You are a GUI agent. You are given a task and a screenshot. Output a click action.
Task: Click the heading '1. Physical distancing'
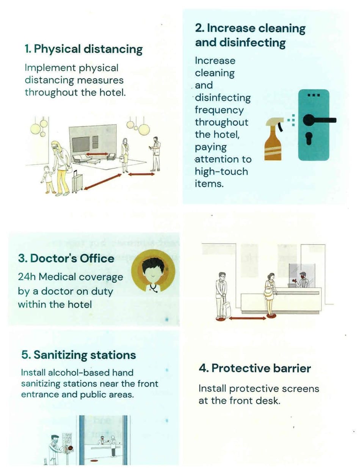pyautogui.click(x=84, y=49)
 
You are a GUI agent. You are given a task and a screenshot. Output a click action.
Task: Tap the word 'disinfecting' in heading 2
pyautogui.click(x=253, y=42)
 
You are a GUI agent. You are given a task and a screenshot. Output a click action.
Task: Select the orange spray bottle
pyautogui.click(x=274, y=139)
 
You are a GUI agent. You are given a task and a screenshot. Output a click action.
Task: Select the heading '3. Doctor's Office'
pyautogui.click(x=66, y=259)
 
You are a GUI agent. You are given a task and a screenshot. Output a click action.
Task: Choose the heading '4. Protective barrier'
pyautogui.click(x=255, y=369)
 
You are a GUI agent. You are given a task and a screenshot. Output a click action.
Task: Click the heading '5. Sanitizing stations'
pyautogui.click(x=78, y=355)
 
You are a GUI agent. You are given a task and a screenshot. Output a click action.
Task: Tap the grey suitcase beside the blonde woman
pyautogui.click(x=77, y=182)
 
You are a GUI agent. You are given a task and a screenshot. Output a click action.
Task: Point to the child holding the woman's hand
pyautogui.click(x=48, y=179)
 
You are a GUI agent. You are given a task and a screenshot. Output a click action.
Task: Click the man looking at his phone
pyautogui.click(x=155, y=154)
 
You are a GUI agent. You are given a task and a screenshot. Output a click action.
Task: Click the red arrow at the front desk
pyautogui.click(x=247, y=319)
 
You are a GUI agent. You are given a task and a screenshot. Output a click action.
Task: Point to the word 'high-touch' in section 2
pyautogui.click(x=221, y=172)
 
